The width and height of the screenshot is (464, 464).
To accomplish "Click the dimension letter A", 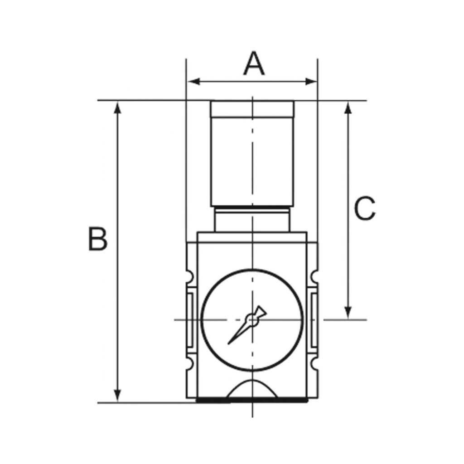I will click(x=253, y=64).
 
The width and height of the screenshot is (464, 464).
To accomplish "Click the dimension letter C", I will click(x=365, y=209).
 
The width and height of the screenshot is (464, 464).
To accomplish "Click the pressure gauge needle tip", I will click(x=229, y=343).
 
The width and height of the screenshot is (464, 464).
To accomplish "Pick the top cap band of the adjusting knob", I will click(x=252, y=109).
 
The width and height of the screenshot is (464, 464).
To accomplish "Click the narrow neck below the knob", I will click(x=252, y=220).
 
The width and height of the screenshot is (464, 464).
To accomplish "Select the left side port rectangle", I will click(x=191, y=319).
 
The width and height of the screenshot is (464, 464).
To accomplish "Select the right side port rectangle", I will click(x=314, y=319).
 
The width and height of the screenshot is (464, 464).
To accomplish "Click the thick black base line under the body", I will click(x=252, y=401).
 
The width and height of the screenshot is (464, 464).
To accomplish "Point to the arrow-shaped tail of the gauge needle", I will click(x=260, y=312).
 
